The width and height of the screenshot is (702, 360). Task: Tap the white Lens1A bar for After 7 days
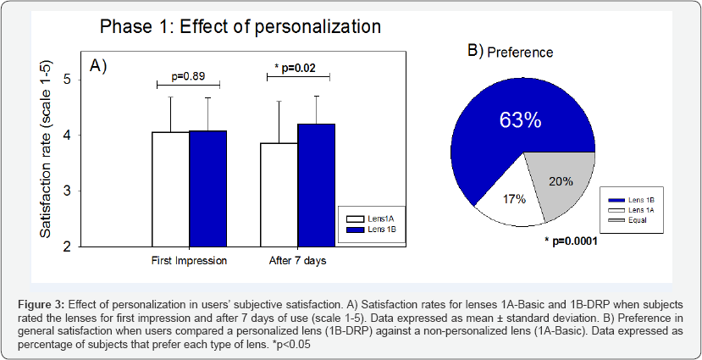point(279,195)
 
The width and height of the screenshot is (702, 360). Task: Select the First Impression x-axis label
point(189,261)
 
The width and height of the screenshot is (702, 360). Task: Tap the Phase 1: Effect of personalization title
point(241,26)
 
